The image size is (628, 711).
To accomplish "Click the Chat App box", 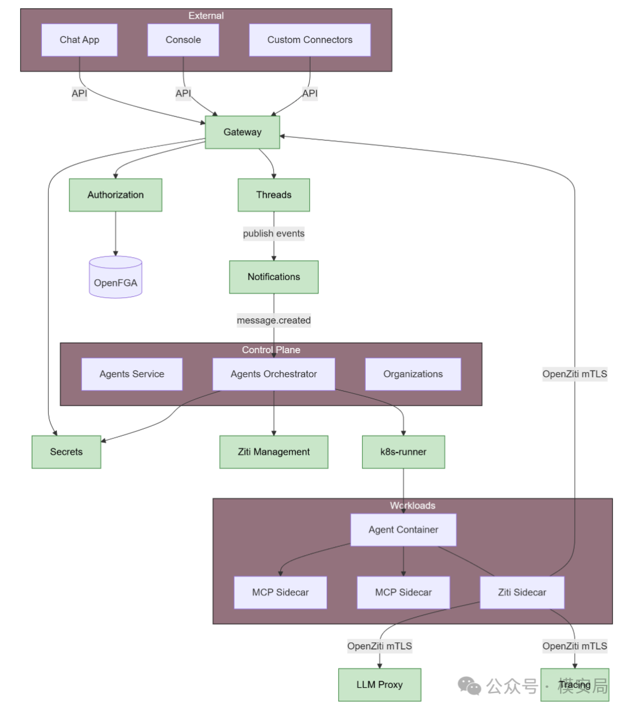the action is click(x=79, y=40).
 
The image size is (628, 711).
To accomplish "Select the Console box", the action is click(x=183, y=40).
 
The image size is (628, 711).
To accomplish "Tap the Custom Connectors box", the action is click(x=310, y=40).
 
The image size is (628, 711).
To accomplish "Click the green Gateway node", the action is click(x=242, y=132).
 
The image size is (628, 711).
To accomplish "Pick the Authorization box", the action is click(x=116, y=195).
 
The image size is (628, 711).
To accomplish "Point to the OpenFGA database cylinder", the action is click(x=116, y=277).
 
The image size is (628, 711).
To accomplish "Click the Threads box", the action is click(x=274, y=195).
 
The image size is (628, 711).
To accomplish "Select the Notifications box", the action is click(x=274, y=277).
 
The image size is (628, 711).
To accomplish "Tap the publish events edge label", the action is click(x=274, y=233).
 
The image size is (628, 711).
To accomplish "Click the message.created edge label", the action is click(x=274, y=321).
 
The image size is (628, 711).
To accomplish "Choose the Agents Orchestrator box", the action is click(x=274, y=374).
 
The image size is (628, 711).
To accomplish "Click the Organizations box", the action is click(x=413, y=374).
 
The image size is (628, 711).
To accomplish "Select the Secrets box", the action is click(x=66, y=452).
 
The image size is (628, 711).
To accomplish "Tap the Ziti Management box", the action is click(x=274, y=452).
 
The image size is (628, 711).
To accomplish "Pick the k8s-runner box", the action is click(x=404, y=452).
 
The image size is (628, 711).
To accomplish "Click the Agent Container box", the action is click(x=404, y=530).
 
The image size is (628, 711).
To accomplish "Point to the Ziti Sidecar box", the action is click(x=522, y=592).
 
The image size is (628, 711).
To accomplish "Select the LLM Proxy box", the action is click(x=380, y=685).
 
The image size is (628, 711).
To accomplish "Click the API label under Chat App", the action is click(x=79, y=93).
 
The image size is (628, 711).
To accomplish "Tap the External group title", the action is click(x=206, y=16).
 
